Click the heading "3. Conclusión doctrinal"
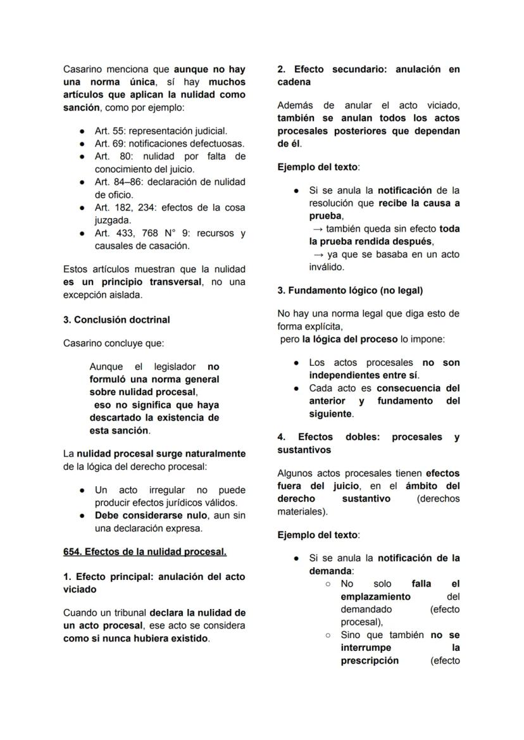tap(116, 320)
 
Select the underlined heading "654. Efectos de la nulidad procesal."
tap(145, 551)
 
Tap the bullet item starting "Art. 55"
tap(161, 131)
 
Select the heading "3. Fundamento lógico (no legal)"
tap(350, 291)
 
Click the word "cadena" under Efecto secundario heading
tap(294, 82)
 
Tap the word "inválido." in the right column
tap(327, 267)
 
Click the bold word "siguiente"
tap(330, 414)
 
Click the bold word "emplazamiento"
tap(375, 596)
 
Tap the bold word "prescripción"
tap(370, 660)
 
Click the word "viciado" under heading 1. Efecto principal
tap(79, 589)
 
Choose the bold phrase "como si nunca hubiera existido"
tap(135, 638)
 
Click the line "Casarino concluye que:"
tap(113, 343)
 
